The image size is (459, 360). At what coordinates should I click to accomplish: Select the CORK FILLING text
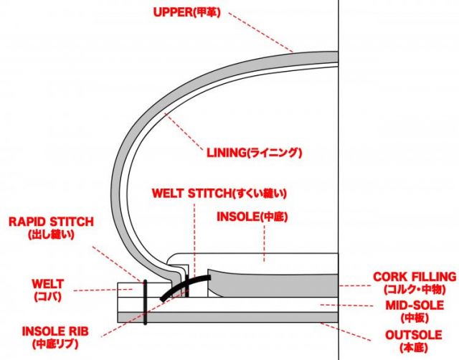[415, 277]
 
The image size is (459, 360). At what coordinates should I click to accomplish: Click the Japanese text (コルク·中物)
[415, 289]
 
